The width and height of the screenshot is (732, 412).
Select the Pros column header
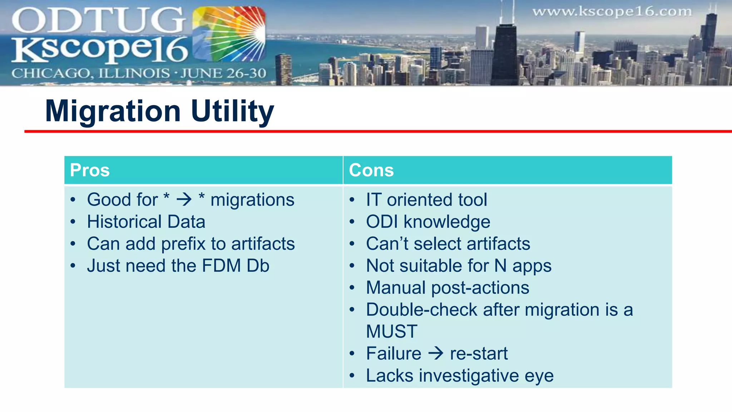(90, 170)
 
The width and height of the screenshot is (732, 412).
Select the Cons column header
(371, 170)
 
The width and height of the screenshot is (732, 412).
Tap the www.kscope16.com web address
(612, 12)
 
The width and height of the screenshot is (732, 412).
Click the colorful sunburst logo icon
(229, 34)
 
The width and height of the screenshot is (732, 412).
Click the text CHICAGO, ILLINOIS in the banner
(90, 73)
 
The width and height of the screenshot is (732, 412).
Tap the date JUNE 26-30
(223, 73)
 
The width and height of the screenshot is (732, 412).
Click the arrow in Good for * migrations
(184, 200)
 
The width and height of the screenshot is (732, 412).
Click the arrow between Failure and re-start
(436, 354)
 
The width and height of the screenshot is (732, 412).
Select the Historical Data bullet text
(146, 222)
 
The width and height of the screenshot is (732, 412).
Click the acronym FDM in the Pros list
(221, 266)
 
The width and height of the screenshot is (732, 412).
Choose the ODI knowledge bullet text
(428, 222)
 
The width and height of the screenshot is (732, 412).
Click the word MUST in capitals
(392, 332)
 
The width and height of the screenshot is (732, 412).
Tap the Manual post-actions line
(447, 288)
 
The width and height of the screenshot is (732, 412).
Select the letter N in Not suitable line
(500, 266)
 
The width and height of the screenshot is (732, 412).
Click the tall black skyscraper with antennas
(504, 54)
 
